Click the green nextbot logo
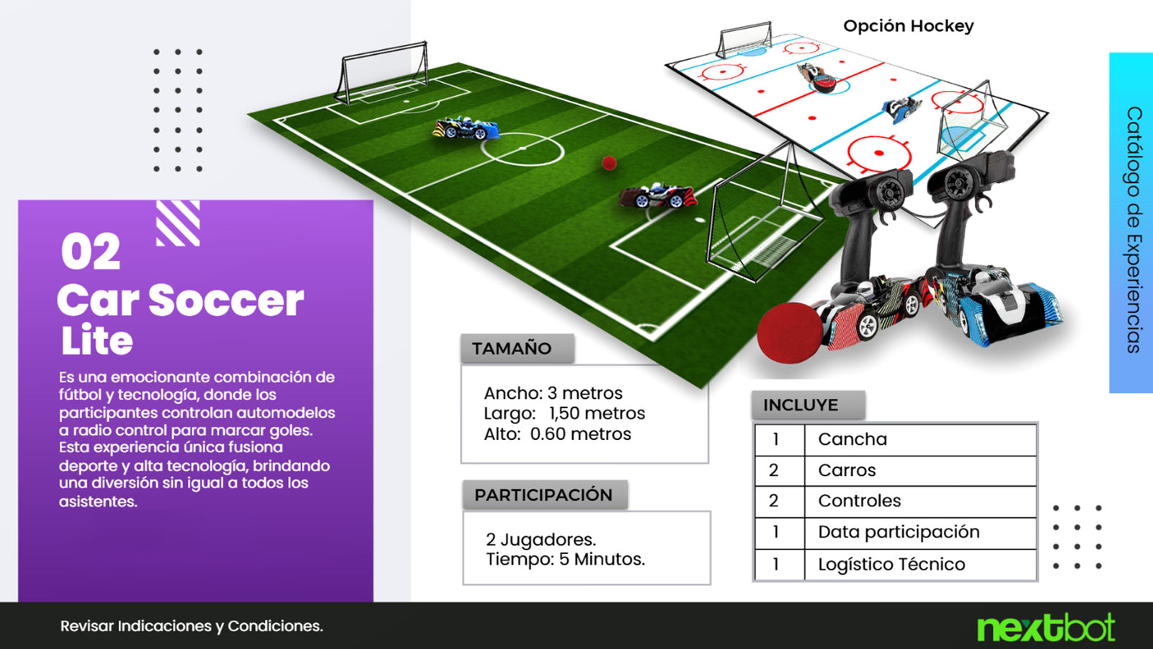1046,627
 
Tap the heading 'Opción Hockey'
909,26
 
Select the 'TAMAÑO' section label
512,348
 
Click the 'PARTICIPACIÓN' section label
543,495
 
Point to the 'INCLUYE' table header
801,405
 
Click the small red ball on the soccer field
609,163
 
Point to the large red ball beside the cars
790,333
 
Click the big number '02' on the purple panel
91,252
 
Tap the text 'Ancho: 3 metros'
553,394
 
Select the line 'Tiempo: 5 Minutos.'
565,560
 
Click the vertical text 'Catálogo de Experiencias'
1134,230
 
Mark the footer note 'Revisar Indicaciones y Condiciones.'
192,627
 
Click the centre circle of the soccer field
522,149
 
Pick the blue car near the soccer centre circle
466,128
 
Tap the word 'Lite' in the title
97,340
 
